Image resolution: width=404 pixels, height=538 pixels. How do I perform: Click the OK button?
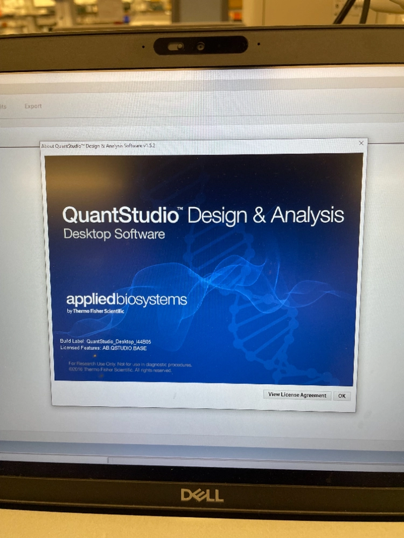[x=342, y=395]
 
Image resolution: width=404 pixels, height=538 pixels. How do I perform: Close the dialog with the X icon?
[x=361, y=143]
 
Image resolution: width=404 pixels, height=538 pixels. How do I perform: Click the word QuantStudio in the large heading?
[x=121, y=215]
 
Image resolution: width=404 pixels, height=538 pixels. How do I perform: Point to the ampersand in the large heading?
[x=259, y=215]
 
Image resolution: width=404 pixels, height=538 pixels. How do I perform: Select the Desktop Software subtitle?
[x=114, y=235]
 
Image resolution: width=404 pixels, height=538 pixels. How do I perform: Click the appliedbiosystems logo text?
[x=127, y=300]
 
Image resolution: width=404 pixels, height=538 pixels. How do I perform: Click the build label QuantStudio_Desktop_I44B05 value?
[x=123, y=341]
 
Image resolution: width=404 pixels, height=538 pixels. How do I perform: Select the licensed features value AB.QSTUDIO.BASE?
[x=124, y=348]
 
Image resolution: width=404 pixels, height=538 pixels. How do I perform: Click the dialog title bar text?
[x=98, y=146]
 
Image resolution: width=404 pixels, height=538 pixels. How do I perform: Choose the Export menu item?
[x=33, y=106]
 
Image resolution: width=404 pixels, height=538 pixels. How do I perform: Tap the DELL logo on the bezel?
[x=202, y=495]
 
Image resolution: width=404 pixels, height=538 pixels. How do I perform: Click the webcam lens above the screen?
[x=200, y=46]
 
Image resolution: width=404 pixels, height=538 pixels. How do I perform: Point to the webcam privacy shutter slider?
[x=175, y=46]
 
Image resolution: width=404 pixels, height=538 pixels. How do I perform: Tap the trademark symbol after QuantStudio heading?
[x=182, y=210]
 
